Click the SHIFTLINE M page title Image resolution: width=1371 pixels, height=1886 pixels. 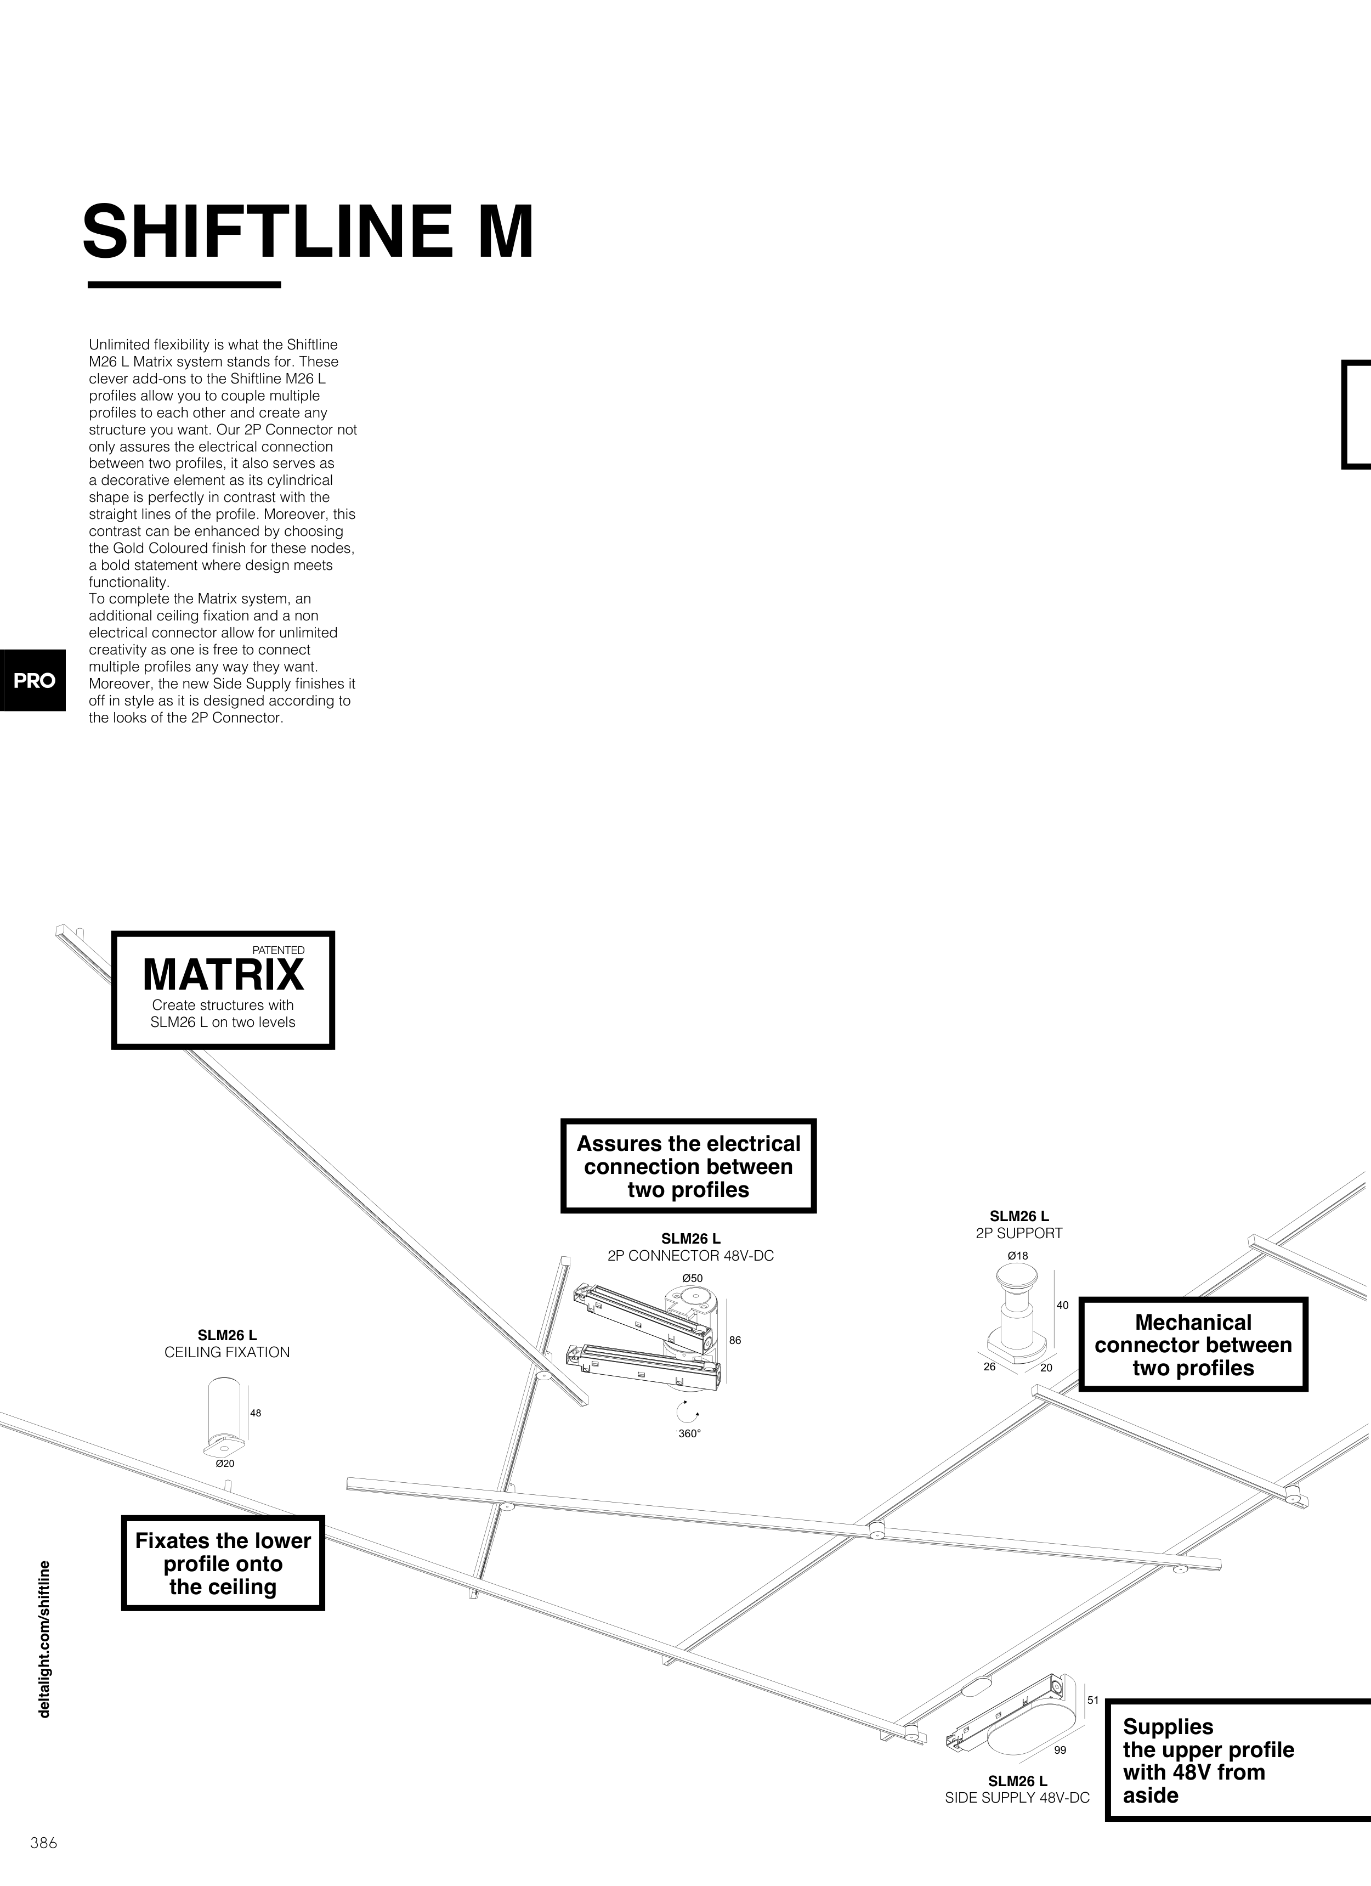point(308,232)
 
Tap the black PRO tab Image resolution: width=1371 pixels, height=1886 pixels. point(33,680)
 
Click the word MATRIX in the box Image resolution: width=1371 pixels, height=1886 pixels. point(223,975)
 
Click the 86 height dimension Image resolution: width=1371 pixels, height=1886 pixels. point(735,1341)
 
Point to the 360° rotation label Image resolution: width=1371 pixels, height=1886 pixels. point(689,1433)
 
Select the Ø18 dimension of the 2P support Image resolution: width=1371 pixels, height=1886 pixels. point(1018,1255)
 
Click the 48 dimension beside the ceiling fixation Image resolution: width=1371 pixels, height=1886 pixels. point(255,1413)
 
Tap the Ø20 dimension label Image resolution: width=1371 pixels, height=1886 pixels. point(224,1463)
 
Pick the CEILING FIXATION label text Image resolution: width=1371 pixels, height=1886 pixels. point(227,1352)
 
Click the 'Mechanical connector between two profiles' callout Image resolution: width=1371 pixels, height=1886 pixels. point(1193,1345)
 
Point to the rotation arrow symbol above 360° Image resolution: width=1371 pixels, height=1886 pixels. point(688,1411)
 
